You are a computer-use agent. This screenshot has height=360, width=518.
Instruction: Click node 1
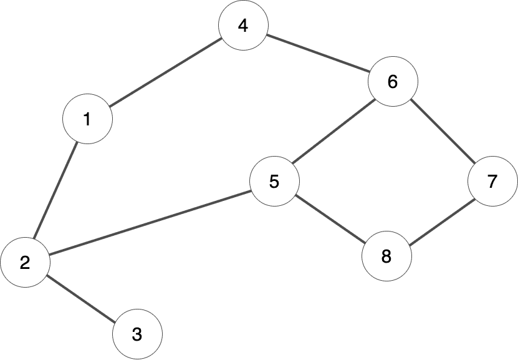[x=87, y=119]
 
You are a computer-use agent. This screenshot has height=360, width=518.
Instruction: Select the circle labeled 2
[x=25, y=263]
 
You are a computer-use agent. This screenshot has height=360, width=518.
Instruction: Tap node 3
[x=137, y=334]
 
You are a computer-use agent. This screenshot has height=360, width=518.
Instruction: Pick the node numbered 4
[x=243, y=26]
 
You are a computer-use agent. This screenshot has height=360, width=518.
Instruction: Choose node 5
[x=274, y=182]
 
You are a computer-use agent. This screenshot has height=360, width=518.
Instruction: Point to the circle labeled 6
[x=393, y=82]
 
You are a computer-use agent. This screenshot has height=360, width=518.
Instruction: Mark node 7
[x=492, y=182]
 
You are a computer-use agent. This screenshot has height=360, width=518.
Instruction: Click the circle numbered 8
[x=386, y=256]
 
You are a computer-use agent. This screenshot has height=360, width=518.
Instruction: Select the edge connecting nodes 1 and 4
[x=165, y=72]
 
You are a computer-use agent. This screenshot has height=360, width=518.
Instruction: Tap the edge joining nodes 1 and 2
[x=56, y=190]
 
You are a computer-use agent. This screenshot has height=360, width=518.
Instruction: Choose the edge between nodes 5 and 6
[x=333, y=132]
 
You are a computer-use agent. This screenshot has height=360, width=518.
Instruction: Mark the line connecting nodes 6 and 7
[x=443, y=132]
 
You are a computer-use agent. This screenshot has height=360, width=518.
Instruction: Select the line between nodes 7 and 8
[x=439, y=219]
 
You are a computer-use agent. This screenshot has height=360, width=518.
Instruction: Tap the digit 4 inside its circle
[x=243, y=26]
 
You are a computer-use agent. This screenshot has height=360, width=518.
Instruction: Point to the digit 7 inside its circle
[x=492, y=182]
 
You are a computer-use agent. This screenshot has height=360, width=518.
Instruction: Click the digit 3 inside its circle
[x=137, y=334]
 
